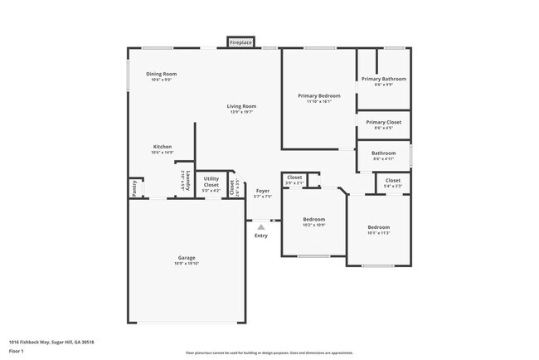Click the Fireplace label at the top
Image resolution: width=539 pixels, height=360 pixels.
[241, 41]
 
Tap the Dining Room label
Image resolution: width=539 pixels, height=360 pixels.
[161, 74]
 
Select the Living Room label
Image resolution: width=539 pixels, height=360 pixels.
[242, 106]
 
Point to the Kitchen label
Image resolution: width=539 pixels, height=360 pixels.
[162, 147]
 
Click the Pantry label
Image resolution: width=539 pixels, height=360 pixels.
[134, 188]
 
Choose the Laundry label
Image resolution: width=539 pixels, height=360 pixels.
[188, 179]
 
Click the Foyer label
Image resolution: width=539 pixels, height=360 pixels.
[262, 191]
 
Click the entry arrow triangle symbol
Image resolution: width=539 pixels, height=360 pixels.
[261, 226]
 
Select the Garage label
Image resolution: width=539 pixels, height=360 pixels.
[187, 257]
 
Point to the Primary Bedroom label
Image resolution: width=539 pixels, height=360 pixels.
[318, 95]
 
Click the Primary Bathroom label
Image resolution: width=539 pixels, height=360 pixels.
[384, 79]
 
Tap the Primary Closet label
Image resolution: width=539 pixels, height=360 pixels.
[384, 123]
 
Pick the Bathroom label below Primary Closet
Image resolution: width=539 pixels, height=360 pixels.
[383, 153]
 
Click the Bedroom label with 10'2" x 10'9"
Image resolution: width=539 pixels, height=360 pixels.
[313, 219]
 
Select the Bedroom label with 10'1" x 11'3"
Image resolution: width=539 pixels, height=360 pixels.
[378, 227]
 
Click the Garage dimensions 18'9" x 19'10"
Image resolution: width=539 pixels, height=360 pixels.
[187, 264]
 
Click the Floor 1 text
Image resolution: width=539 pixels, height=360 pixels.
[17, 351]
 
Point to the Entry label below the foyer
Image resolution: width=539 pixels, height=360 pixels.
[261, 236]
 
